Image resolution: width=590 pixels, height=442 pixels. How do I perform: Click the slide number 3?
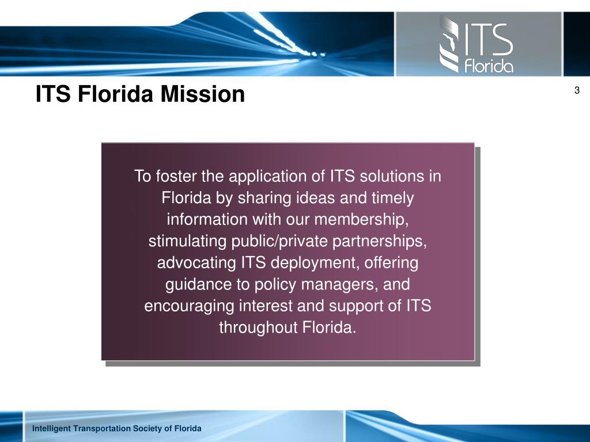pyautogui.click(x=577, y=90)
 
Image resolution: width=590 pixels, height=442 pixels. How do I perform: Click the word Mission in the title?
pyautogui.click(x=203, y=94)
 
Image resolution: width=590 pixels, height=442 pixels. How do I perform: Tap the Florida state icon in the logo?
pyautogui.click(x=449, y=44)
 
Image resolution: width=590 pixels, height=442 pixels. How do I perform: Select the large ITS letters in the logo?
pyautogui.click(x=487, y=39)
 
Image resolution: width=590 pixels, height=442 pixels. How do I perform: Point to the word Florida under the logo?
pyautogui.click(x=489, y=66)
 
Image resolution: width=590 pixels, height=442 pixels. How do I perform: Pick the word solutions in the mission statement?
pyautogui.click(x=392, y=176)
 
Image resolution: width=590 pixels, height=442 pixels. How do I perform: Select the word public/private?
pyautogui.click(x=279, y=241)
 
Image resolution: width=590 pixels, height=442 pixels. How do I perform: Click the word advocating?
pyautogui.click(x=196, y=262)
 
